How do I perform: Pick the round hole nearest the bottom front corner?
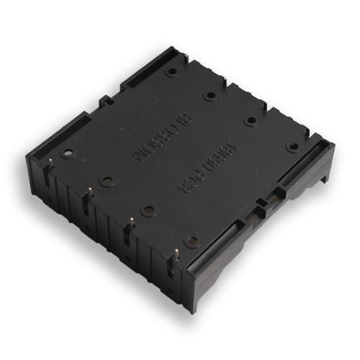click(x=191, y=241)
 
